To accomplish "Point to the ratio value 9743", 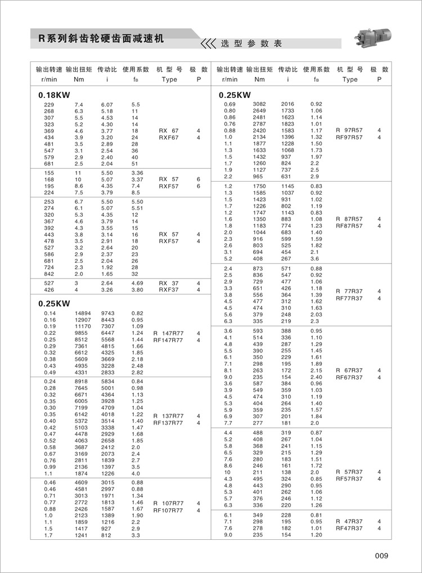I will pos(108,312).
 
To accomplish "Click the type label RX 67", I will pos(168,131).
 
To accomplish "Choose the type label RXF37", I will pos(168,290).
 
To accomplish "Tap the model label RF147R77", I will pos(168,340).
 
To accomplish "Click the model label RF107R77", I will pos(168,510).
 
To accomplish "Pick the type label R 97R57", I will pos(349,131).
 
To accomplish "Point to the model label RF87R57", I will pos(349,226).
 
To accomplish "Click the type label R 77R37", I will pos(349,291).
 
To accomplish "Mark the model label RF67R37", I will pos(349,377).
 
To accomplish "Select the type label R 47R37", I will pos(349,522).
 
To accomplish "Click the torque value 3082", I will pos(259,105).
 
